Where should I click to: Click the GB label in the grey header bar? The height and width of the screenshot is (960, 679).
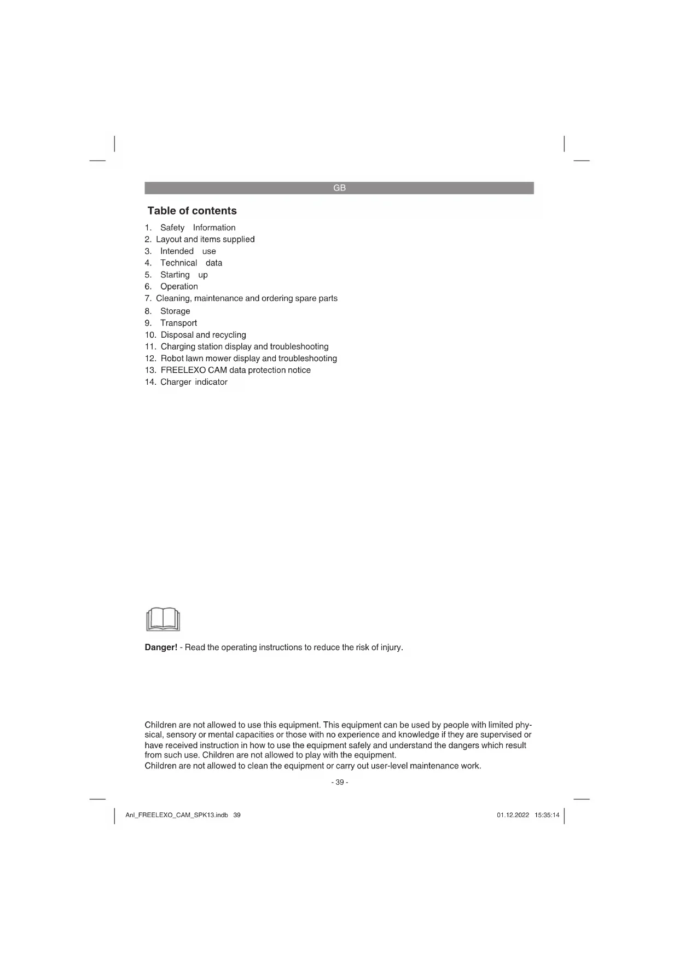[339, 188]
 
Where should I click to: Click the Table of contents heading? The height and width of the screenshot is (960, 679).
[192, 211]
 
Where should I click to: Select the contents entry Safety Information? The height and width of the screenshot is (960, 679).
[198, 228]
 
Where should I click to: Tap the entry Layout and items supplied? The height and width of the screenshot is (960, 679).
[205, 239]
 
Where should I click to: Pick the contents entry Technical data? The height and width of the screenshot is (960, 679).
[191, 263]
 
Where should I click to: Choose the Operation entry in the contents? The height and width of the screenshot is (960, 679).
[179, 286]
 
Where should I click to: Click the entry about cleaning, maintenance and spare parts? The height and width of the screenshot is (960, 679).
[246, 298]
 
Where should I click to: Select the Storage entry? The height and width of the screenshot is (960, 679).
[175, 311]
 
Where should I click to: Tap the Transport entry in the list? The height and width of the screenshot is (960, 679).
[178, 323]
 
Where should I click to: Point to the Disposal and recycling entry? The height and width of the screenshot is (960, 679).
[203, 335]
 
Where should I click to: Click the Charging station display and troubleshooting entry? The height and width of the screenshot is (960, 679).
[245, 346]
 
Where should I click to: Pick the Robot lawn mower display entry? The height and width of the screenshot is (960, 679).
[248, 358]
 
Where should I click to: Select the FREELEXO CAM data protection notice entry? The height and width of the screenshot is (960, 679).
[235, 370]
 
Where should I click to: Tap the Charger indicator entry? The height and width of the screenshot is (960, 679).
[194, 382]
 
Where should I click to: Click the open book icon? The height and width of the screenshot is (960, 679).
[163, 619]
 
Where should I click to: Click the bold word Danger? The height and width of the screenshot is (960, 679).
[161, 647]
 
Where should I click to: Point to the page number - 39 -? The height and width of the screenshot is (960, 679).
[339, 782]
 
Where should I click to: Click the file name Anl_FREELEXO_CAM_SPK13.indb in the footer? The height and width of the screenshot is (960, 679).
[177, 815]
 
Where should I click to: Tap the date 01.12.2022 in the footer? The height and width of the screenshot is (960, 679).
[513, 815]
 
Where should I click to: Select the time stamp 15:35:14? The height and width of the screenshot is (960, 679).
[547, 815]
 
